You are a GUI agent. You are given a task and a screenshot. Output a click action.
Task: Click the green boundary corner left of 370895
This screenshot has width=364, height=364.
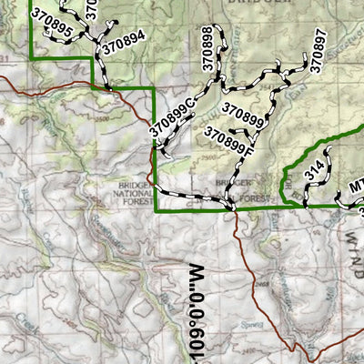click(31, 59)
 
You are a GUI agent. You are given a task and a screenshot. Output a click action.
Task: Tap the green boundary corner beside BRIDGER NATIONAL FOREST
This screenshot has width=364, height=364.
click(157, 210)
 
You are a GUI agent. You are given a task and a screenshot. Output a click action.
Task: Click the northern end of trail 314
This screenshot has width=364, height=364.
click(329, 150)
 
